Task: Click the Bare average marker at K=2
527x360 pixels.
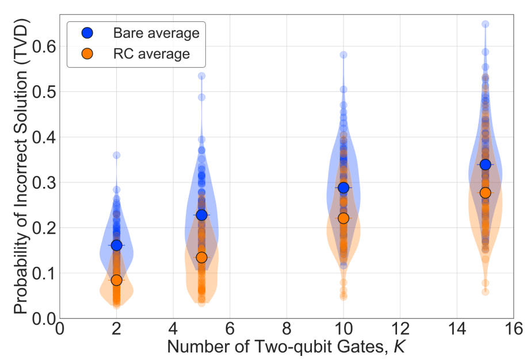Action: [x=116, y=245]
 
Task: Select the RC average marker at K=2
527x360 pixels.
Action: [x=116, y=280]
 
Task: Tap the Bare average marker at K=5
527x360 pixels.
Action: [x=201, y=215]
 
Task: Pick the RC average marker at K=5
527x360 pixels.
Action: [x=201, y=257]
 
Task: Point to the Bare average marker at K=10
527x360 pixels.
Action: [x=343, y=187]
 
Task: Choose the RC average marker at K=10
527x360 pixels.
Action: [x=343, y=218]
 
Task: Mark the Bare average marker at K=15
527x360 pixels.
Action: [x=485, y=164]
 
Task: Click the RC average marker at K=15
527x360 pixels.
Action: [x=485, y=193]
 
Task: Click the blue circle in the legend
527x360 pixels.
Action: [x=86, y=33]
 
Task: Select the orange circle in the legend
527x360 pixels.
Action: [x=86, y=54]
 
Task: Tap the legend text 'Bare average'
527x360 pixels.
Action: [x=155, y=33]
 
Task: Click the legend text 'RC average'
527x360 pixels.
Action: [x=151, y=54]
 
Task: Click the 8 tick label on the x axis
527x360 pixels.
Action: [x=287, y=330]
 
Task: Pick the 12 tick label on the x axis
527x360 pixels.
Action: [x=400, y=330]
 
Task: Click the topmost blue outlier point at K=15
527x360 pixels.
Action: [x=485, y=24]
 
